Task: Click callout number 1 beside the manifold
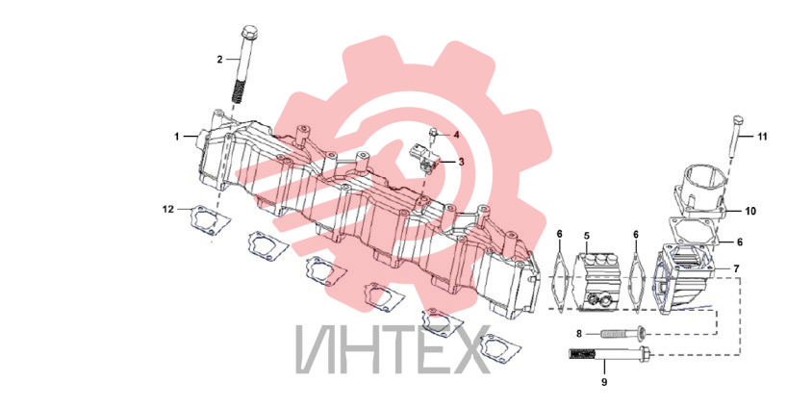tap(177, 136)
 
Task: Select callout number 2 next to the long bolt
tap(219, 60)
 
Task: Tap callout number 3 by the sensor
tap(461, 162)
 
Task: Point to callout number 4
tap(456, 135)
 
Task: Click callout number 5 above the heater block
tap(587, 235)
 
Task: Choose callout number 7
tap(736, 269)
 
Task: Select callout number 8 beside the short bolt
tap(579, 333)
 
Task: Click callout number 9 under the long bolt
tap(604, 382)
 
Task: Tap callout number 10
tap(749, 212)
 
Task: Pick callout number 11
tap(762, 137)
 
